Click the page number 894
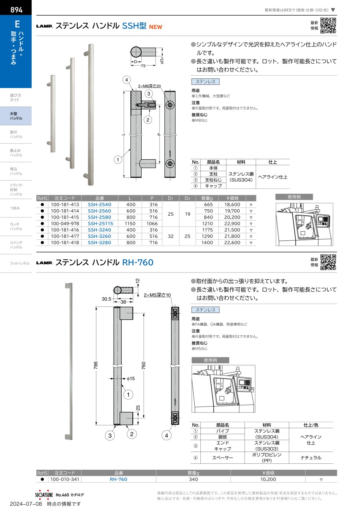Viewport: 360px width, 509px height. pyautogui.click(x=16, y=10)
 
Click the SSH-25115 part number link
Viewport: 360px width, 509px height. pyautogui.click(x=100, y=223)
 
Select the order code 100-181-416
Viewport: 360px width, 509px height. pyautogui.click(x=65, y=230)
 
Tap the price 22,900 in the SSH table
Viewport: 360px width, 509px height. pyautogui.click(x=232, y=223)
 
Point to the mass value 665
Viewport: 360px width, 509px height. pyautogui.click(x=208, y=204)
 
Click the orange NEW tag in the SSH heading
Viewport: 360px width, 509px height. pyautogui.click(x=156, y=27)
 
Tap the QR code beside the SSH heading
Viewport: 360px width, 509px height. pyautogui.click(x=328, y=26)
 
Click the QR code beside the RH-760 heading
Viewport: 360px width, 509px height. pyautogui.click(x=328, y=262)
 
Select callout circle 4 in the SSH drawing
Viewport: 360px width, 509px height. pyautogui.click(x=126, y=80)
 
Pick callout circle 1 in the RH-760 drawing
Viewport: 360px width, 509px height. pyautogui.click(x=128, y=395)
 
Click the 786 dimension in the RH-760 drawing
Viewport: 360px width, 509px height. pyautogui.click(x=96, y=365)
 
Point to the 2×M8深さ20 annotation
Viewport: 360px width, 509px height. pyautogui.click(x=149, y=86)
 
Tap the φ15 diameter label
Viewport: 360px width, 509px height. pyautogui.click(x=130, y=379)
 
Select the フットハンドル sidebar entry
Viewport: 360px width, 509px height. pyautogui.click(x=20, y=263)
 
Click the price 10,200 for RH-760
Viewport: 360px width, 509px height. pyautogui.click(x=268, y=479)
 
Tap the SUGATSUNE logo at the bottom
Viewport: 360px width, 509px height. pyautogui.click(x=44, y=495)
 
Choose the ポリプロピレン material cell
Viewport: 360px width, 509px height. pyautogui.click(x=267, y=457)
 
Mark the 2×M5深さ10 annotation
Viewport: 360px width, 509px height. pyautogui.click(x=157, y=295)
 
